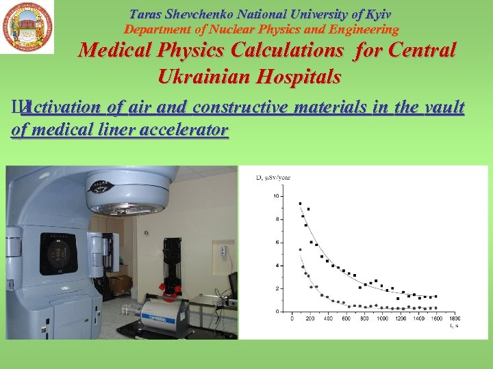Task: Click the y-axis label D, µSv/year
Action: tap(273, 178)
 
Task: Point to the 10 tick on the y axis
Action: tap(277, 196)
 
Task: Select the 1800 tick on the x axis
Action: tap(454, 318)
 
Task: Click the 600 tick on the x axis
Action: tap(346, 318)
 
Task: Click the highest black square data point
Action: tap(300, 204)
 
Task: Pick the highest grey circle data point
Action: tap(300, 250)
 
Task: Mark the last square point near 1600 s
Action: tap(435, 297)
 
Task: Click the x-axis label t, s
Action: tap(453, 325)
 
